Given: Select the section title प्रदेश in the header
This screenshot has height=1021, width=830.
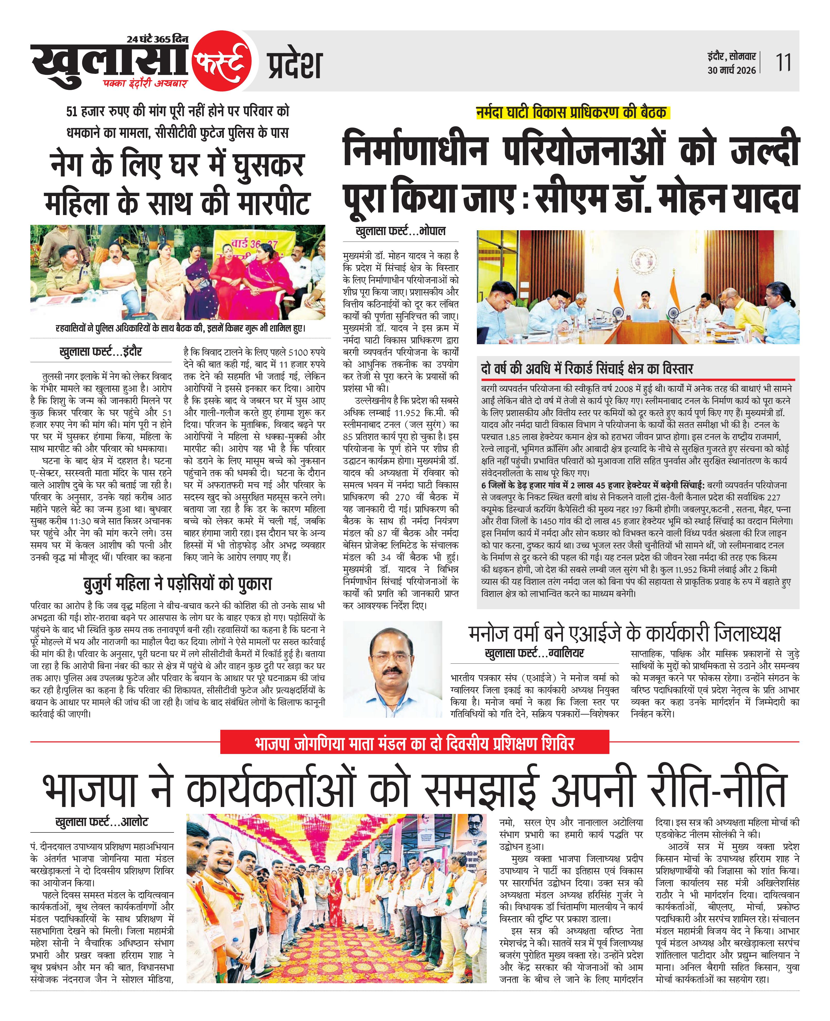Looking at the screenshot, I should (294, 65).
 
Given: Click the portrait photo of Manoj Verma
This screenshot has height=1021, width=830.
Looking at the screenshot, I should (392, 669).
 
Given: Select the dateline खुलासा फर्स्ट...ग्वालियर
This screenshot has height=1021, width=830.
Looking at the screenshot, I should (534, 653).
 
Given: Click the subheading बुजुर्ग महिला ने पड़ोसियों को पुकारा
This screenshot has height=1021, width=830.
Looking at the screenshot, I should (177, 584).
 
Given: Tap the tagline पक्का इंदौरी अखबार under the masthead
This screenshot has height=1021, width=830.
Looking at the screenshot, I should (145, 84).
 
